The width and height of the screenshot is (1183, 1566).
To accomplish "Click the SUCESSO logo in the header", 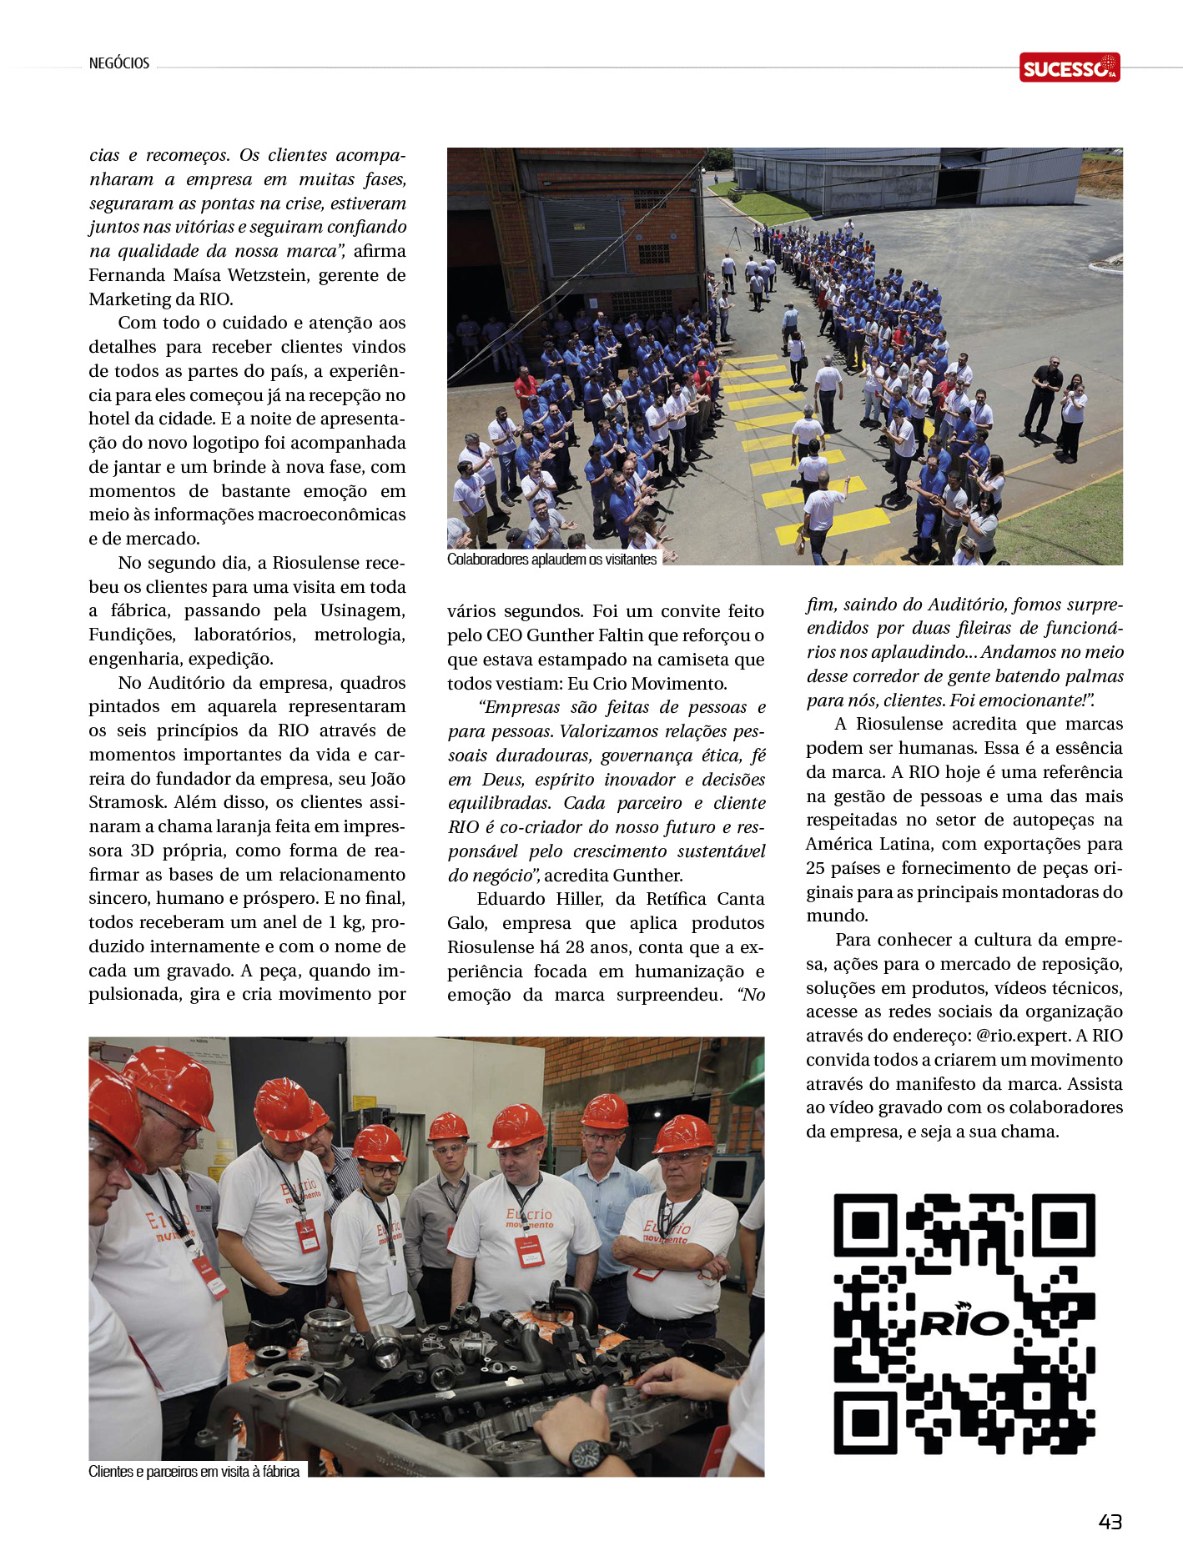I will click(1069, 68).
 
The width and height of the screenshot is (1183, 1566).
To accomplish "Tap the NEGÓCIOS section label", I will click(119, 63).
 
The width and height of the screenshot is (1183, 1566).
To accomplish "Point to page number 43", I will click(1110, 1522).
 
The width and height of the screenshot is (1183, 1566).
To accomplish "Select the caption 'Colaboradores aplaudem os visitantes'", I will click(551, 560).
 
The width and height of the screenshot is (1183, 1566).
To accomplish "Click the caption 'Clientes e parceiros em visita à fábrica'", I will click(194, 1472).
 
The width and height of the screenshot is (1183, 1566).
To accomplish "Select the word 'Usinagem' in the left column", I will click(363, 610).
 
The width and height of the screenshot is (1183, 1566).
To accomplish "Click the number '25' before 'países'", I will click(815, 868).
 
